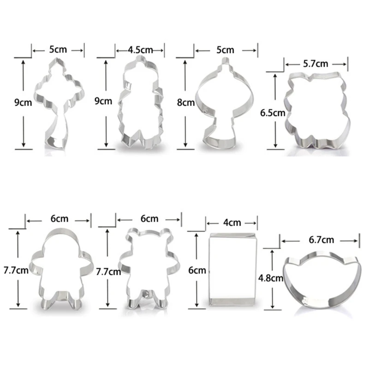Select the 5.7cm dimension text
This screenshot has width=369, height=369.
[315, 64]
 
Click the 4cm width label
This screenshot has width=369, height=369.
[232, 222]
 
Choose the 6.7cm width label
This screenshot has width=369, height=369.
[321, 239]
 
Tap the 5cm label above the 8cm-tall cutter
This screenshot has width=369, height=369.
[226, 49]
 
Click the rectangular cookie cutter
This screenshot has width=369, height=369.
[232, 270]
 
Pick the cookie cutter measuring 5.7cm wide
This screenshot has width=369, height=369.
[317, 111]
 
